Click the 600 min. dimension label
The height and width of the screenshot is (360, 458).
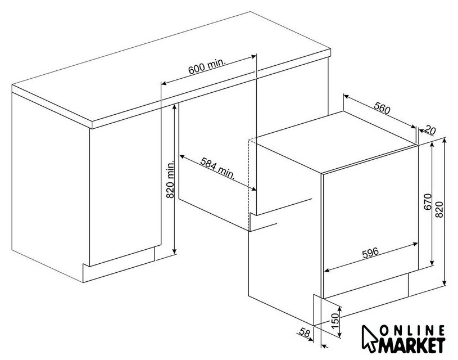207,67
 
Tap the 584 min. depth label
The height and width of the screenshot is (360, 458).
217,168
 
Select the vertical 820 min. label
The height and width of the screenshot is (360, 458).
170,179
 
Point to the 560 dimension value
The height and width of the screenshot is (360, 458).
382,107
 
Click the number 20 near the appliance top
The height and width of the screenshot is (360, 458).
430,129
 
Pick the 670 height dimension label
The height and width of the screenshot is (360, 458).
428,201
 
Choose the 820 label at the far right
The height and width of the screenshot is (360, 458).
439,209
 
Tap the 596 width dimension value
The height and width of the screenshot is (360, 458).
370,253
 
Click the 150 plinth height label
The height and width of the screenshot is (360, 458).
335,321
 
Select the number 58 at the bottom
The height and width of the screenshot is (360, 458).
305,332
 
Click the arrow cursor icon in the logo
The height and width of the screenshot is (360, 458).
369,339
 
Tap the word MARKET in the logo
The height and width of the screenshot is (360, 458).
412,345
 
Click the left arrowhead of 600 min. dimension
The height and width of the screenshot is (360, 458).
164,84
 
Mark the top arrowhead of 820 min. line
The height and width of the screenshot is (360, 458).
174,107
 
